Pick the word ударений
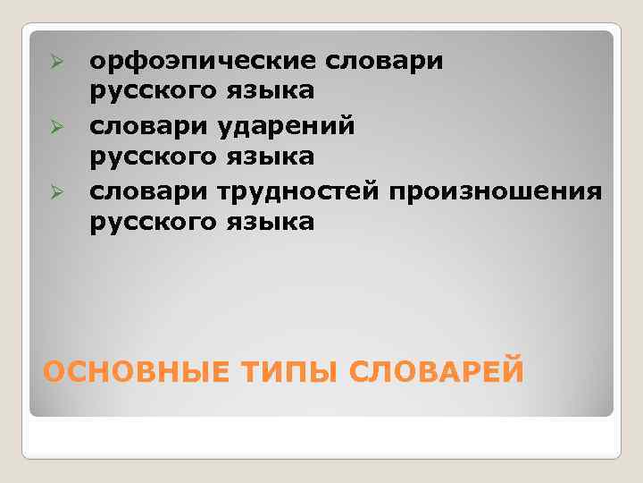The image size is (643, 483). [286, 125]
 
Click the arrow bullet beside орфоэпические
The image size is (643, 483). [54, 61]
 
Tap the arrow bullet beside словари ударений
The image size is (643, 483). [54, 126]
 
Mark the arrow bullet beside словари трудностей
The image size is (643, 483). [54, 191]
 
